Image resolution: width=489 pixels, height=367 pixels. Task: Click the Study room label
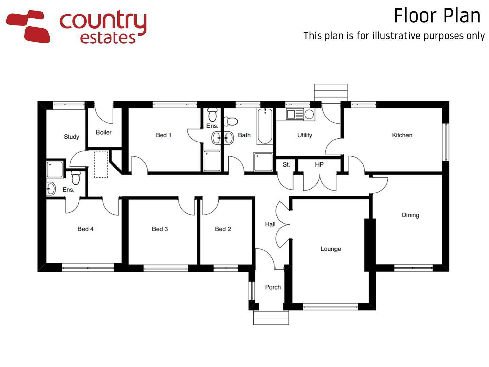pyautogui.click(x=71, y=137)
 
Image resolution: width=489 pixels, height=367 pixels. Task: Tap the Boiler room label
pyautogui.click(x=104, y=132)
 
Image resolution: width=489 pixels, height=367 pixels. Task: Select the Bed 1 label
pyautogui.click(x=164, y=135)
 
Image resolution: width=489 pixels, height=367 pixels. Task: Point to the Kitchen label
pyautogui.click(x=402, y=135)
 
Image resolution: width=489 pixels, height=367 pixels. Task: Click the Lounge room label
pyautogui.click(x=331, y=249)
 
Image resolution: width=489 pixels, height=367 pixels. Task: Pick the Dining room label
pyautogui.click(x=410, y=215)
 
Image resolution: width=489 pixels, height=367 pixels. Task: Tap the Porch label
pyautogui.click(x=273, y=287)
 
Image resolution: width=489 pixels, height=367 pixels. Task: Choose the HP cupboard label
pyautogui.click(x=319, y=164)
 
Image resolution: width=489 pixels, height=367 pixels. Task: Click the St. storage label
pyautogui.click(x=286, y=164)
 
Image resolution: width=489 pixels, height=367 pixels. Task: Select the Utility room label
pyautogui.click(x=305, y=135)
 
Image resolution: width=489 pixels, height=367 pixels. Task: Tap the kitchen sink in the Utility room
pyautogui.click(x=295, y=115)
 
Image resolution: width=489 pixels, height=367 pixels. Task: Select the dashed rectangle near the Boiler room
pyautogui.click(x=101, y=164)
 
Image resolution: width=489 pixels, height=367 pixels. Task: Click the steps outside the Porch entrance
pyautogui.click(x=271, y=317)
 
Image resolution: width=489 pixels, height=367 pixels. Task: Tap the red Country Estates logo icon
pyautogui.click(x=28, y=26)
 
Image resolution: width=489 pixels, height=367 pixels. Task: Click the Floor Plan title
pyautogui.click(x=437, y=16)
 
